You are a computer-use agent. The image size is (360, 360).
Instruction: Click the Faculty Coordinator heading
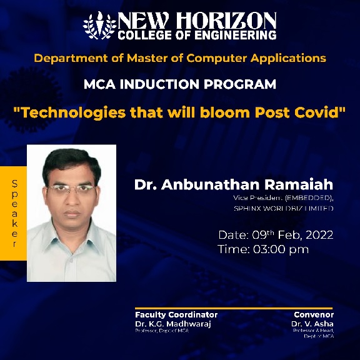click(176, 314)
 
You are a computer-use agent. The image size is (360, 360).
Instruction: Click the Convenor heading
click(313, 314)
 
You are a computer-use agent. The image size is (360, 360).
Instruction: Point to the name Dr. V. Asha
click(312, 324)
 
